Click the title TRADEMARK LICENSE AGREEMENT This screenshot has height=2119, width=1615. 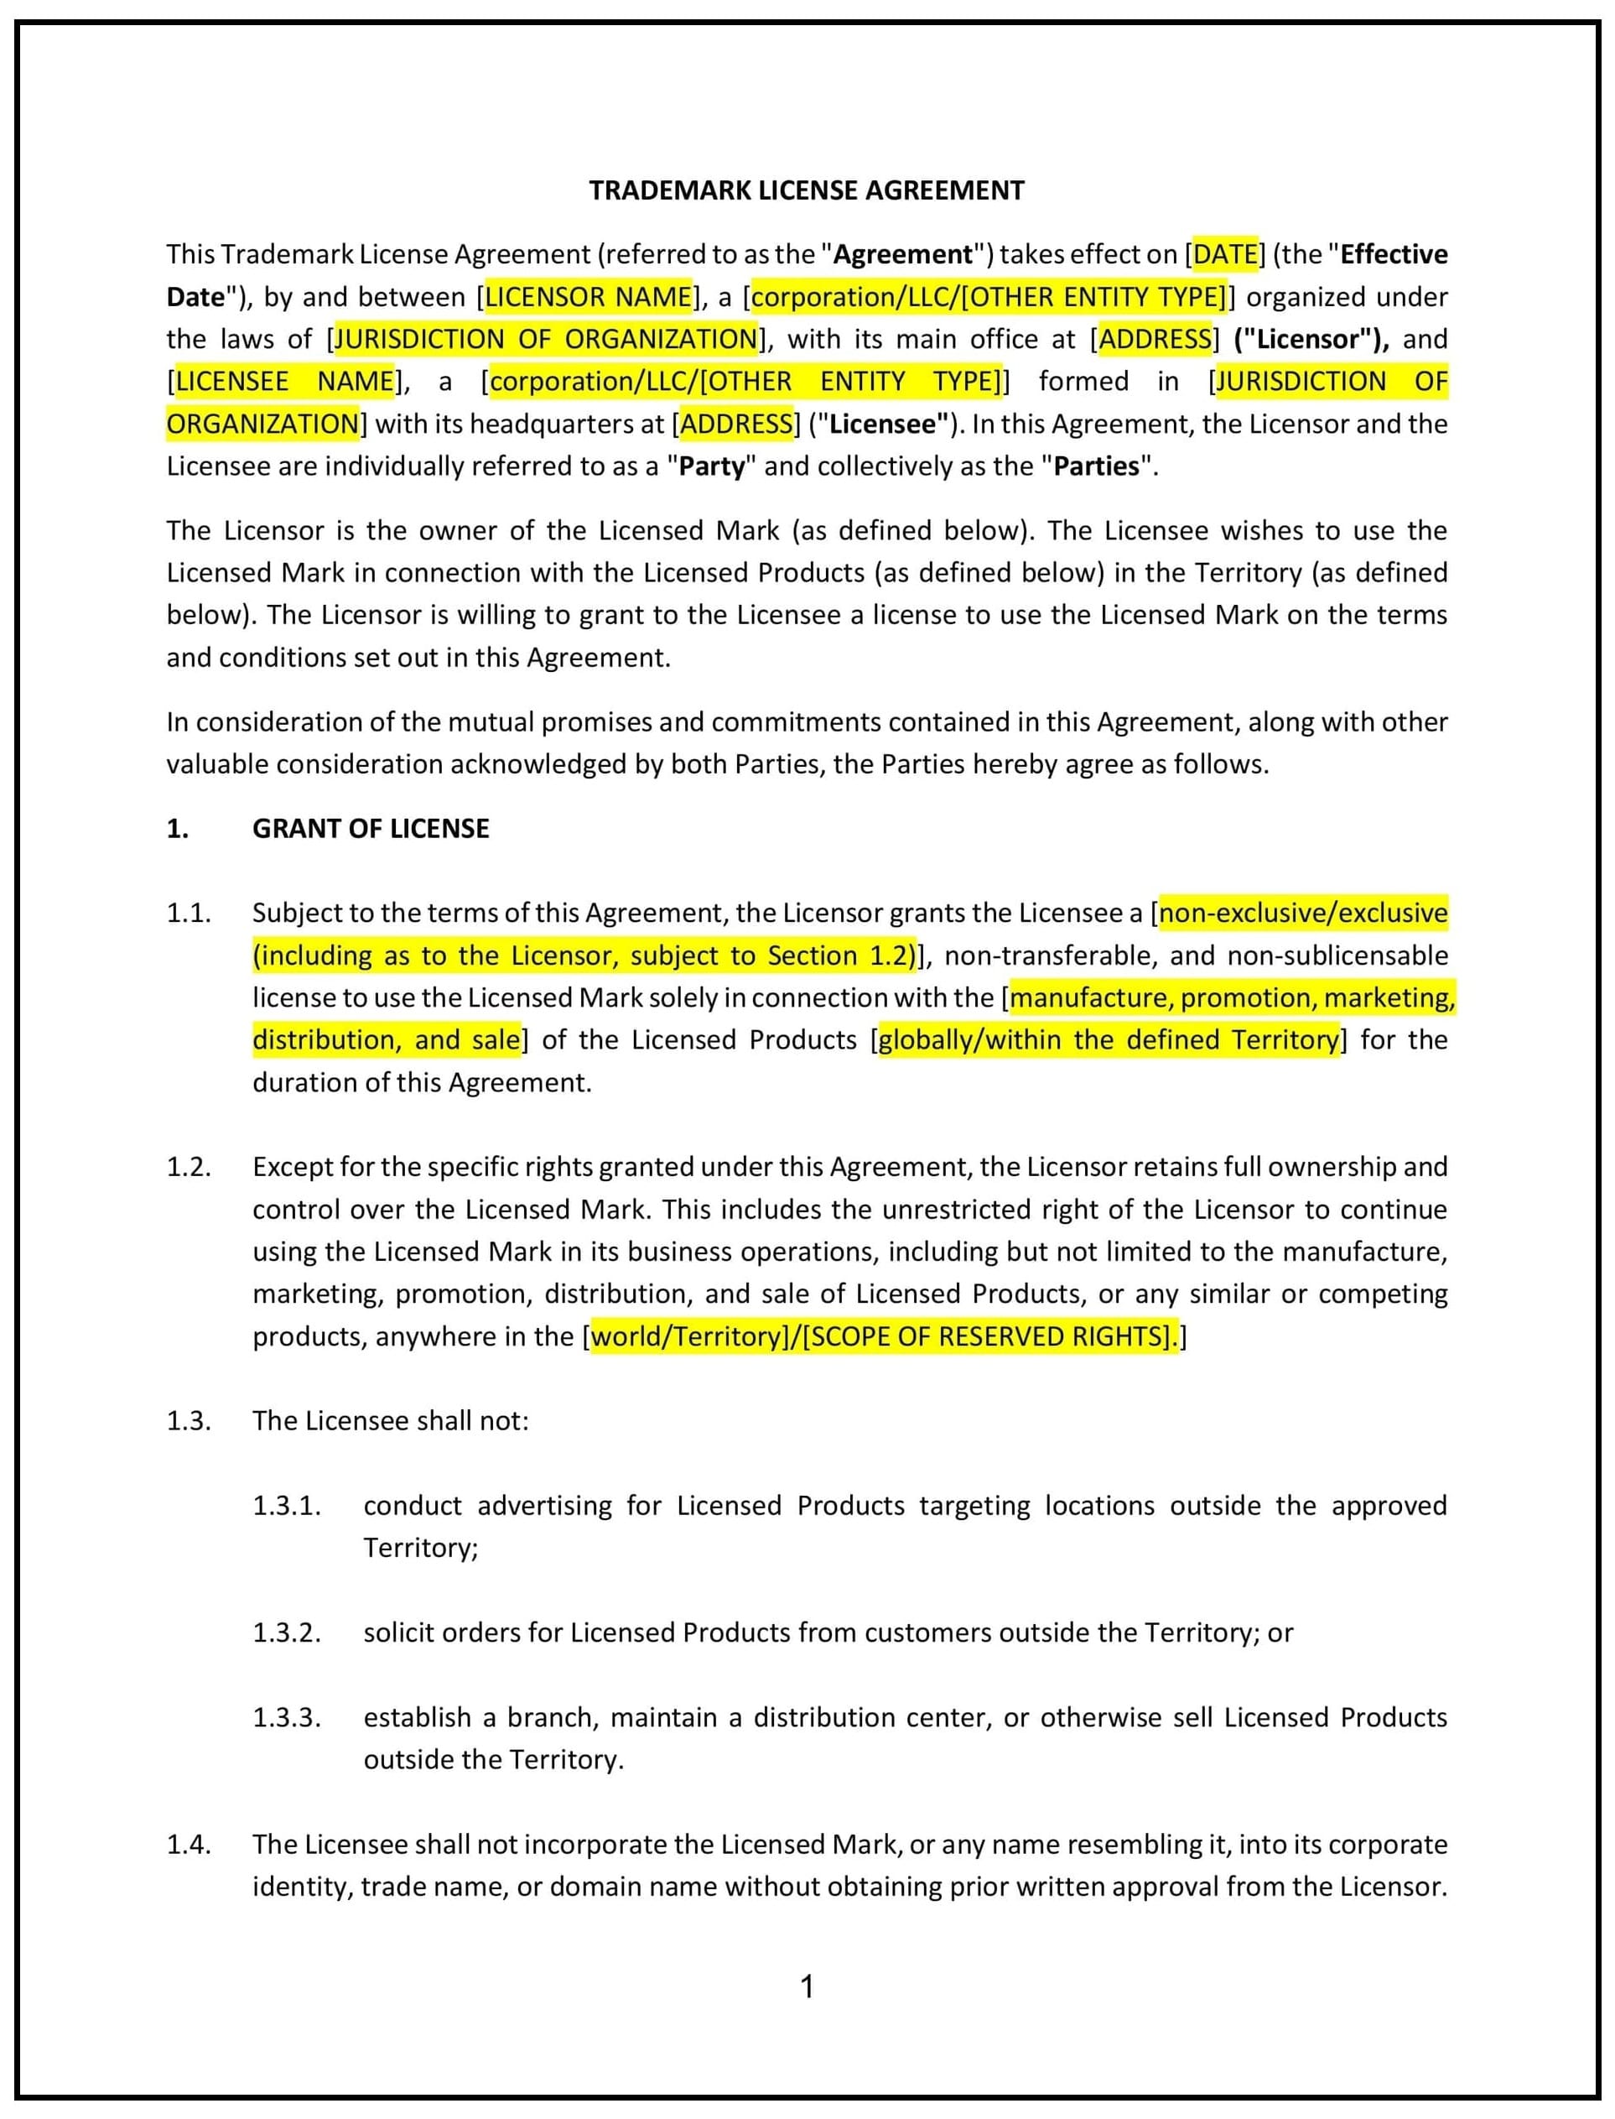coord(807,190)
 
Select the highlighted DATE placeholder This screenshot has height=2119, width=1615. coord(1225,254)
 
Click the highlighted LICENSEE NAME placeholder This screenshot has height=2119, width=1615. coord(284,381)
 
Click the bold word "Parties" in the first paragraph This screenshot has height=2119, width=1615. coord(1096,466)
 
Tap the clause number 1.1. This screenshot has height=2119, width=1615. coord(189,913)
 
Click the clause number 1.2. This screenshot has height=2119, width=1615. coord(189,1166)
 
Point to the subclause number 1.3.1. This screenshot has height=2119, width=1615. coord(287,1505)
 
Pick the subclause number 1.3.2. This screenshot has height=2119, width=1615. coord(287,1632)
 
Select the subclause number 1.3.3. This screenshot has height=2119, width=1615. coord(287,1716)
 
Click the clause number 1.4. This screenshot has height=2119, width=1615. coord(189,1843)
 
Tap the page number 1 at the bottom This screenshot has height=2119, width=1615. coord(807,1986)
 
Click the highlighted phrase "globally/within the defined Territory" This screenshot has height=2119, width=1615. coord(1109,1039)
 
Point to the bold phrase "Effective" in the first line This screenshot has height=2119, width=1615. coord(1393,254)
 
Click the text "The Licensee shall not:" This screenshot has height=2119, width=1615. coord(390,1420)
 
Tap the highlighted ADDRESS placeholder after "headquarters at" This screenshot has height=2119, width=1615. coord(737,424)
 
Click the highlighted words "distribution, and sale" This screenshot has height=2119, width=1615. coord(386,1039)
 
